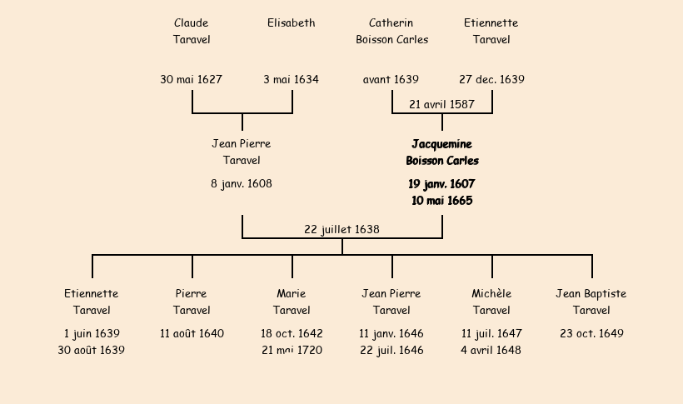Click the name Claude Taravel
pos(192,31)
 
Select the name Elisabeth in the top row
pos(292,23)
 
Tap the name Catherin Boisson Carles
pos(391,31)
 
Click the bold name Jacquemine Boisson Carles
pos(442,152)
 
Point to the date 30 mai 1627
pos(192,80)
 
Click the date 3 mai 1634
pos(292,80)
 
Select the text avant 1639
pos(391,80)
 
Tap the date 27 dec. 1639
pos(491,80)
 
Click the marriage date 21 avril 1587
pos(442,105)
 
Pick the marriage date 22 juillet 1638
pos(342,230)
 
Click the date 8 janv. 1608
pos(242,184)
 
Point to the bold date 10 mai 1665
pos(442,201)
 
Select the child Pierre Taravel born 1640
pos(192,302)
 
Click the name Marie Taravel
pos(292,302)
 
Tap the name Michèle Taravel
pos(491,302)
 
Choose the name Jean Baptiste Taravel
pos(591,302)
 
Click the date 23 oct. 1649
pos(591,334)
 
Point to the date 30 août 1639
pos(92,351)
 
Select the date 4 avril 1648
pos(491,351)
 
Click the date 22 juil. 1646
pos(391,351)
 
